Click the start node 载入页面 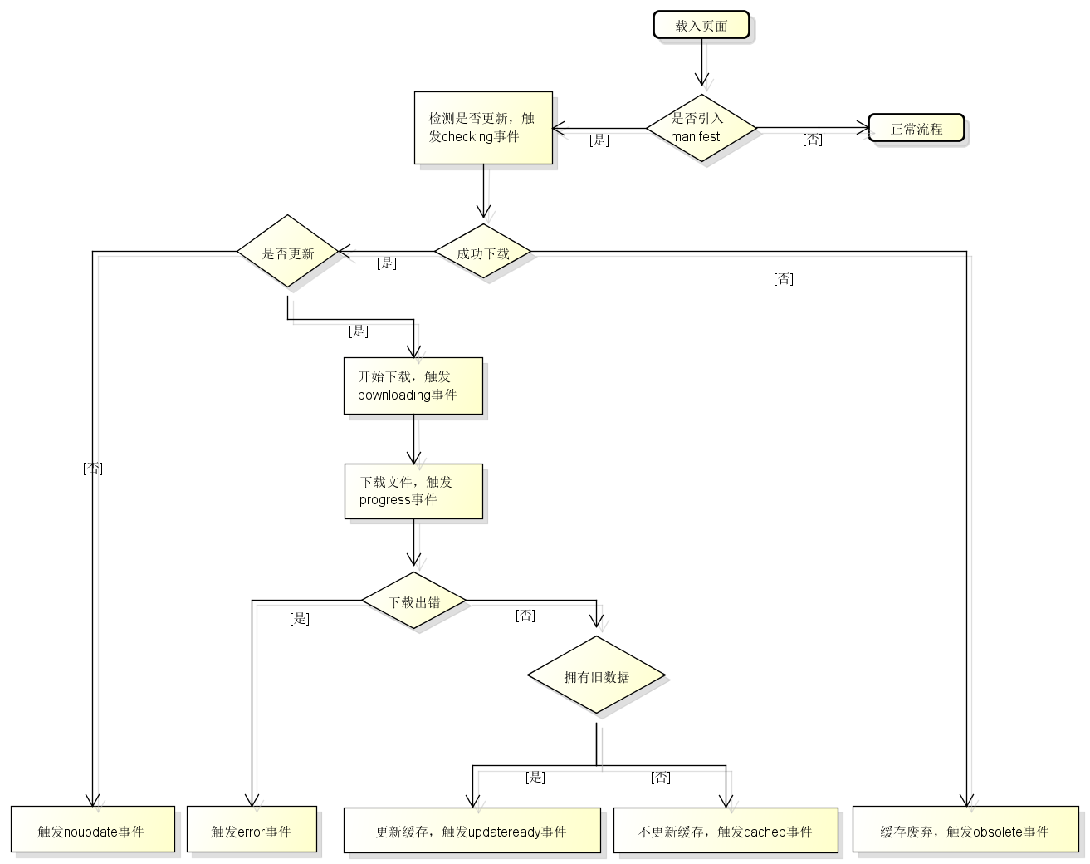pyautogui.click(x=701, y=25)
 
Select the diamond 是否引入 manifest pyautogui.click(x=701, y=128)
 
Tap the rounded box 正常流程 pyautogui.click(x=916, y=129)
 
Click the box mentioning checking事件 pyautogui.click(x=483, y=128)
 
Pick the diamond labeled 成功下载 pyautogui.click(x=483, y=252)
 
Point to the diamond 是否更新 pyautogui.click(x=288, y=252)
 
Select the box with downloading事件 pyautogui.click(x=413, y=385)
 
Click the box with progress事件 pyautogui.click(x=413, y=491)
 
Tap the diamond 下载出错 pyautogui.click(x=413, y=601)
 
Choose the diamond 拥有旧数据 pyautogui.click(x=596, y=676)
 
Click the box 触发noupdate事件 pyautogui.click(x=93, y=829)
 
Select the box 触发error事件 pyautogui.click(x=252, y=829)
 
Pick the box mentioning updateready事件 pyautogui.click(x=472, y=830)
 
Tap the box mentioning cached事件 pyautogui.click(x=726, y=830)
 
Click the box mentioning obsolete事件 pyautogui.click(x=965, y=829)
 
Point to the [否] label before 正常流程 pyautogui.click(x=813, y=140)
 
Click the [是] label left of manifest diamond pyautogui.click(x=599, y=140)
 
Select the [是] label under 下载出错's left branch pyautogui.click(x=300, y=618)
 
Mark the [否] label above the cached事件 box pyautogui.click(x=661, y=778)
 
